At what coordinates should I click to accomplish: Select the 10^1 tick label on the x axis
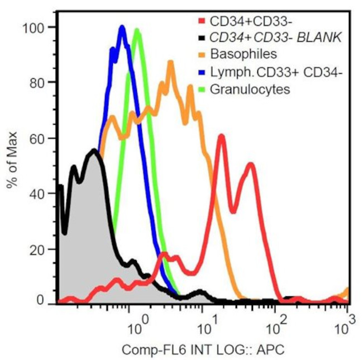[x=206, y=323]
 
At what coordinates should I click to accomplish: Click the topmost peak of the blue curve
[x=122, y=27]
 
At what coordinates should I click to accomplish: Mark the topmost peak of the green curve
[x=137, y=31]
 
